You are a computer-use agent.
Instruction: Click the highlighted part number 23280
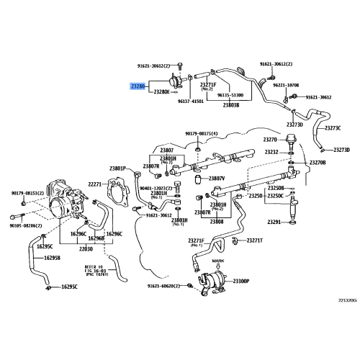pos(138,86)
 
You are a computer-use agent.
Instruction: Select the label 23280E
pos(161,92)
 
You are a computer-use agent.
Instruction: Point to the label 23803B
pos(230,105)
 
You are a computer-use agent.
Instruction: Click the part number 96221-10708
pos(283,85)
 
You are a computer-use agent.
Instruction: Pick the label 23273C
pos(332,128)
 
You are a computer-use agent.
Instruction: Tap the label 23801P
pos(118,168)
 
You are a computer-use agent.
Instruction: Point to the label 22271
pos(96,184)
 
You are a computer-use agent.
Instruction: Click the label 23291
pos(274,222)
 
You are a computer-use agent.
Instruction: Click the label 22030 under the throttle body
pos(86,248)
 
